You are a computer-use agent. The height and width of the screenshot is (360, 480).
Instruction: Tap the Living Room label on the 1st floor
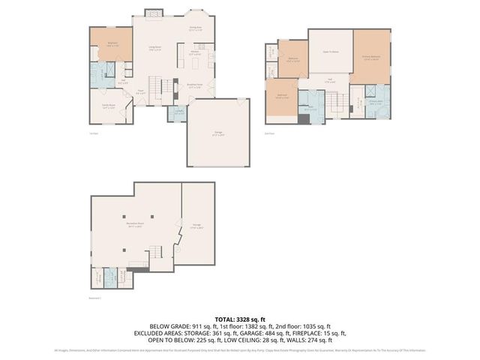point(155,49)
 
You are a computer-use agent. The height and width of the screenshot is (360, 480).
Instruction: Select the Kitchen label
point(193,54)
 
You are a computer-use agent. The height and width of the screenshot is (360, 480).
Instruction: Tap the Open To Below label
point(330,52)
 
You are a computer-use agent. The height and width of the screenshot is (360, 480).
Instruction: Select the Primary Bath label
point(376,104)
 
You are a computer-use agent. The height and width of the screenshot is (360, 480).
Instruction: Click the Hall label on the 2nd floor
point(330,80)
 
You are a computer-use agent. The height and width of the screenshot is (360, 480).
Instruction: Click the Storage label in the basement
point(196,225)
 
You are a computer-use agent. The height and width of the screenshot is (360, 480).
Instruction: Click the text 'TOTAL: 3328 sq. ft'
point(239,318)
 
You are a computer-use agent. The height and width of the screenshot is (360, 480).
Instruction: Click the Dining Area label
point(196,28)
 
